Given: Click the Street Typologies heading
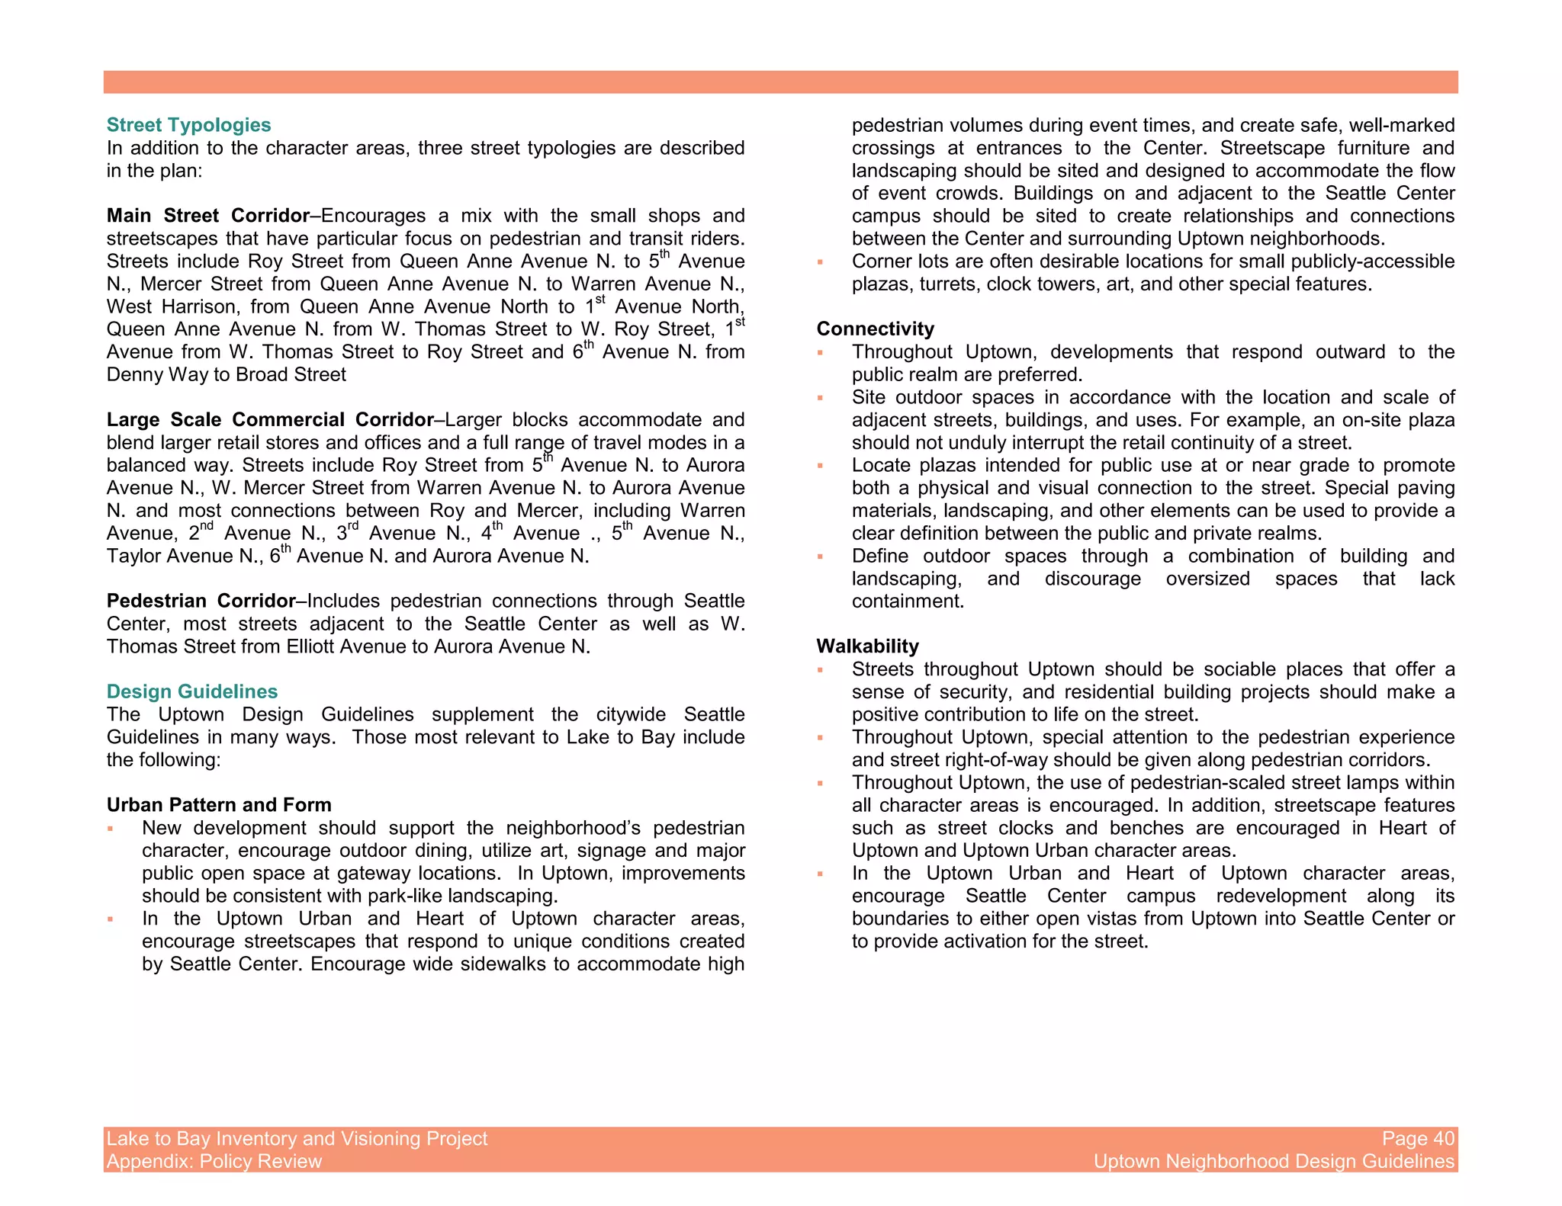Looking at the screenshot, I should click(188, 125).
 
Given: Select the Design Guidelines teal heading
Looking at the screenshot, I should click(192, 691).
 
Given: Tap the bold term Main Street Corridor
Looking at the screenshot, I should click(208, 216).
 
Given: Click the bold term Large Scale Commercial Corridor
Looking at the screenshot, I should click(270, 420).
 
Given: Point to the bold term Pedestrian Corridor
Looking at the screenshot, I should click(201, 601).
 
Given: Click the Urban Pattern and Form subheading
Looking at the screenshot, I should click(219, 805).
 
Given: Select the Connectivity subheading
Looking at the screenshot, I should click(875, 329).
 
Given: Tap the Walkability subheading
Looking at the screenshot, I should click(867, 646).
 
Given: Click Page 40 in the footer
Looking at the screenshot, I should click(1418, 1139).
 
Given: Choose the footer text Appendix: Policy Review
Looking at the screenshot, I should click(214, 1162).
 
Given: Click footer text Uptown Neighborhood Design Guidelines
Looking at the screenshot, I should click(1274, 1162).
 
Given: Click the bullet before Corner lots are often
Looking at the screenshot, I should click(821, 262).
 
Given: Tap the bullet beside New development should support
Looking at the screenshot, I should click(111, 829).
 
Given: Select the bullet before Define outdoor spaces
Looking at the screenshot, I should click(821, 557).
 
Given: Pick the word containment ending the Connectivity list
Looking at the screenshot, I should click(908, 601).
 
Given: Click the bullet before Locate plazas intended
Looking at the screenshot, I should click(821, 467).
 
